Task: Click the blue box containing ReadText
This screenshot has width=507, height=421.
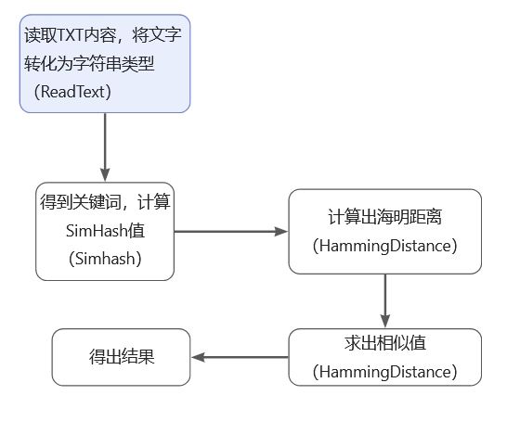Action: [x=105, y=64]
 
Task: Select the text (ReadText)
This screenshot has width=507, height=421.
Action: [x=72, y=92]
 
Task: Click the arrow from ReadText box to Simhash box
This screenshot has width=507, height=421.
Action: [x=105, y=147]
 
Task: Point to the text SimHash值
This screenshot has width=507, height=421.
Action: [x=105, y=231]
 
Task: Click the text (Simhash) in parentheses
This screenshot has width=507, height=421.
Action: [x=105, y=259]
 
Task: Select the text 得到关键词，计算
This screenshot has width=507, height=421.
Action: [x=105, y=202]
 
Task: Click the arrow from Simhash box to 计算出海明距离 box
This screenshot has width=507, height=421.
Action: [x=231, y=232]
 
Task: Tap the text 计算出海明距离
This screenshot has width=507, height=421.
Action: [x=384, y=217]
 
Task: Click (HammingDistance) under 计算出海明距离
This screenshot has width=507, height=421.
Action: [x=384, y=246]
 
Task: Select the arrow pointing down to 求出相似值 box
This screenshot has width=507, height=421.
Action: [x=385, y=300]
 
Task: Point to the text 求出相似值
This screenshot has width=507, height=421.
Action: [x=384, y=343]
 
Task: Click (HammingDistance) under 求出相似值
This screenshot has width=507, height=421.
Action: [x=384, y=372]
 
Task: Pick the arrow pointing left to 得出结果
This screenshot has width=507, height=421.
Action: [x=240, y=357]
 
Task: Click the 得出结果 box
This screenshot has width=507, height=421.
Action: [x=122, y=357]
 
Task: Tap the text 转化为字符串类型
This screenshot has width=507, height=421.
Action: [x=89, y=63]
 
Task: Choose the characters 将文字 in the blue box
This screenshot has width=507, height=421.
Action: [x=157, y=35]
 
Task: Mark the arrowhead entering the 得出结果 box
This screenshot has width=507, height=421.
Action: [x=197, y=357]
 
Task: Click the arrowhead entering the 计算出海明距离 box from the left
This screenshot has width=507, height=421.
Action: [x=281, y=232]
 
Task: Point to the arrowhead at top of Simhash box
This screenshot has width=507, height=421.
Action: [x=105, y=175]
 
